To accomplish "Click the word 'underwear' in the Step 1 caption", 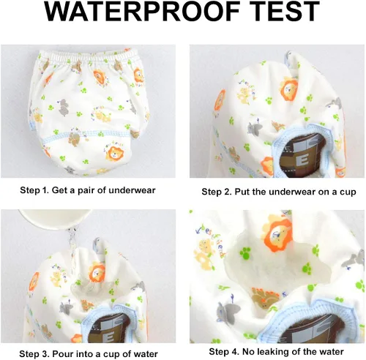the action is click(x=132, y=190).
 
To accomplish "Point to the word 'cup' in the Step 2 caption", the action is click(x=348, y=192).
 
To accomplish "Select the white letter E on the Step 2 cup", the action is click(x=304, y=162).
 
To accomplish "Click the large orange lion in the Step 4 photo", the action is click(x=277, y=232).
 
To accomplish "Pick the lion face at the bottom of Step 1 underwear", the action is click(x=114, y=153).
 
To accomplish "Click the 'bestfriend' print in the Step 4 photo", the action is click(x=211, y=241).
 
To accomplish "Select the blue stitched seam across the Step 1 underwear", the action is click(x=86, y=136).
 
